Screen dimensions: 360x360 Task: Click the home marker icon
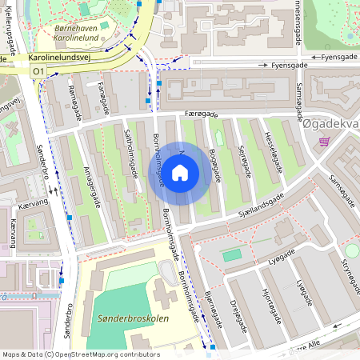(180, 171)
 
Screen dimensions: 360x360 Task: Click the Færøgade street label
(201, 114)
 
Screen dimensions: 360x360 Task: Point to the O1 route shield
(38, 71)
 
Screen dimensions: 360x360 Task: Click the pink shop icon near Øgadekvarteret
(324, 142)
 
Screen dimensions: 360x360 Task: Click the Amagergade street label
(95, 183)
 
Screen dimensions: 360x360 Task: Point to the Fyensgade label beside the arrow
(335, 58)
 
